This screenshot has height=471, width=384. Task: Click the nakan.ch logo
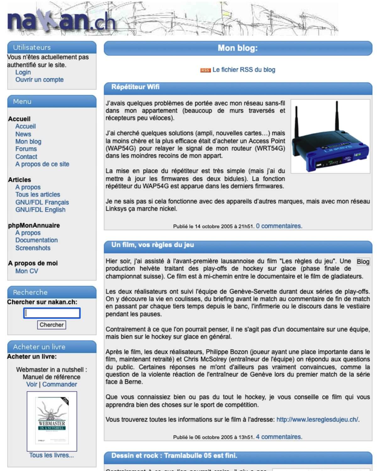[x=61, y=21]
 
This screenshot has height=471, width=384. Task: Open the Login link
[x=23, y=72]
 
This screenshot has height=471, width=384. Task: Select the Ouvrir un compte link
[x=39, y=80]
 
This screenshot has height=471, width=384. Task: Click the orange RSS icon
[x=205, y=70]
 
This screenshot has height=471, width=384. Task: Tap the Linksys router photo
[x=330, y=136]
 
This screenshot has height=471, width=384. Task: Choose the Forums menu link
[x=26, y=149]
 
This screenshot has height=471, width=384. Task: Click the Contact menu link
[x=26, y=157]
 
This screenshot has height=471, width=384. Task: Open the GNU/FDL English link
[x=40, y=210]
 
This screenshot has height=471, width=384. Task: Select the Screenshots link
[x=33, y=248]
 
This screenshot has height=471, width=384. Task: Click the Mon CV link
[x=27, y=271]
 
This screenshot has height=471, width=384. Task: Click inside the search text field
[x=52, y=313]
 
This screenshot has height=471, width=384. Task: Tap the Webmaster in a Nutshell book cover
[x=52, y=421]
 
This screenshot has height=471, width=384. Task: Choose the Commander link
[x=60, y=384]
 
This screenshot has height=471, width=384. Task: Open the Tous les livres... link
[x=51, y=455]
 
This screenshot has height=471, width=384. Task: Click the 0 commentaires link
[x=279, y=226]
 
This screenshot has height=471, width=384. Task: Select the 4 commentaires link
[x=279, y=437]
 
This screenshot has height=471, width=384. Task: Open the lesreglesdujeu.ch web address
[x=317, y=420]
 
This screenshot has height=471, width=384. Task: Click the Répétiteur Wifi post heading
[x=135, y=87]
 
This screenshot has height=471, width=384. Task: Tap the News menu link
[x=23, y=134]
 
